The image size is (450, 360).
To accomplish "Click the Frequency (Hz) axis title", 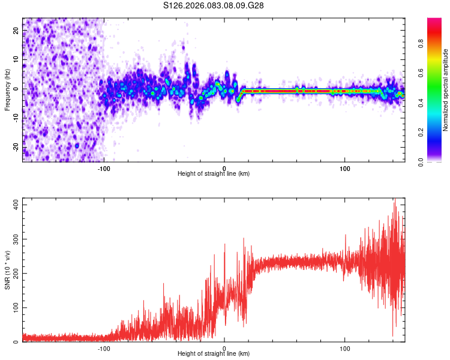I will (x=7, y=89).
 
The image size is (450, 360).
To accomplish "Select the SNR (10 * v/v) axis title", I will (x=7, y=269).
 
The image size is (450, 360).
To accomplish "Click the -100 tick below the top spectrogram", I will (x=104, y=168).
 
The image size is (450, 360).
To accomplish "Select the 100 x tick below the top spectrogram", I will (x=345, y=168).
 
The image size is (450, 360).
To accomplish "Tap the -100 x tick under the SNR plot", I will (x=104, y=348).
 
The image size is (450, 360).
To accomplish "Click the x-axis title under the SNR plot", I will (x=214, y=354).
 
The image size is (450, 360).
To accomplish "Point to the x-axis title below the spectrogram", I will (x=214, y=174).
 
